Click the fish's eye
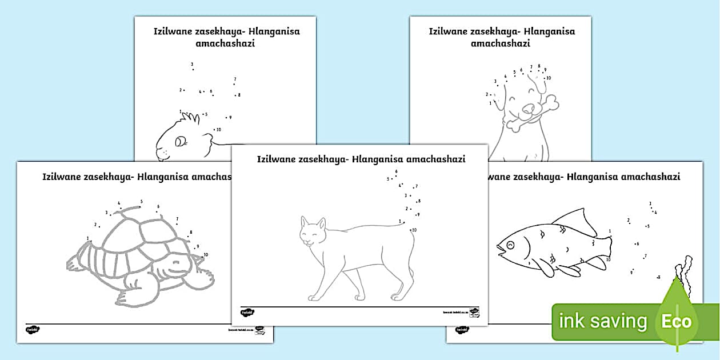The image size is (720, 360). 510,245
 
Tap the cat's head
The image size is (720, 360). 313,233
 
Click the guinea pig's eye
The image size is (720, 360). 181,140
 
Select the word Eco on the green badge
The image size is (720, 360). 677,321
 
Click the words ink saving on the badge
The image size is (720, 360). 603,321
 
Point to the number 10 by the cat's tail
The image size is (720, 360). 414,230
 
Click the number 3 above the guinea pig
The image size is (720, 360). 192,65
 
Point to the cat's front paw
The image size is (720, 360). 313,297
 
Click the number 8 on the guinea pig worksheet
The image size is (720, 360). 239,95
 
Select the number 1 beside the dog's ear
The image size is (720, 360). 490,103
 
